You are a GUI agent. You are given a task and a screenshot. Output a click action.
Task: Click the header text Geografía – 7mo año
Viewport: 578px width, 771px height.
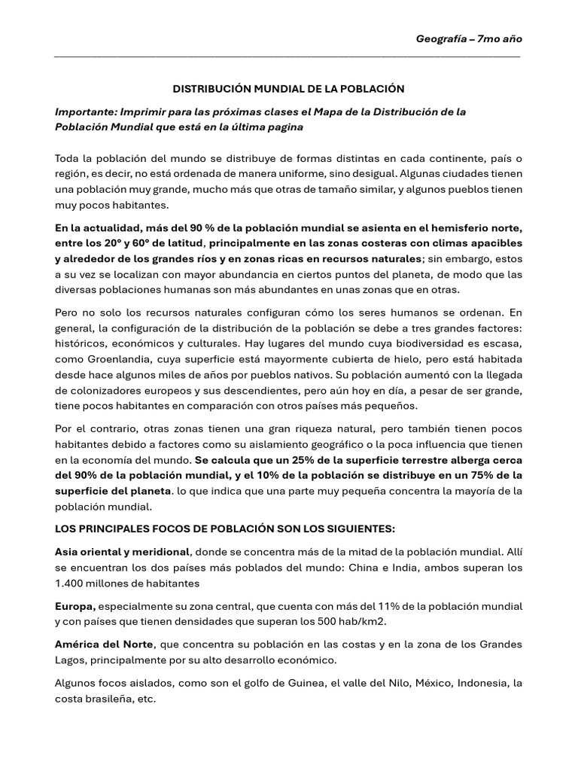tap(469, 38)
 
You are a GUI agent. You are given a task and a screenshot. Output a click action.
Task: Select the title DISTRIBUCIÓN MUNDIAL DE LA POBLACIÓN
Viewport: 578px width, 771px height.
tap(289, 88)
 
